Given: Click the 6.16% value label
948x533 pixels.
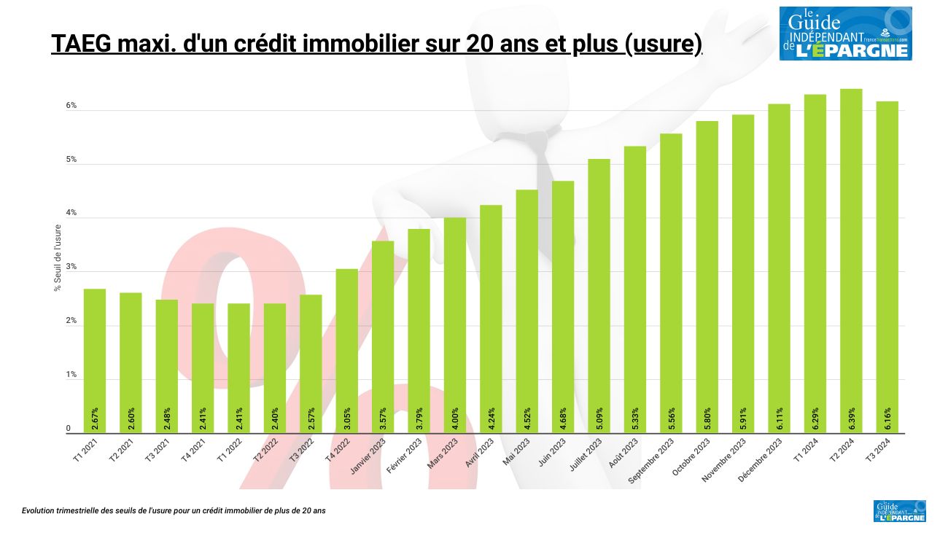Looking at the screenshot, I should tap(887, 419).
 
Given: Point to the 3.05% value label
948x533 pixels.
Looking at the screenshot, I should tap(347, 419).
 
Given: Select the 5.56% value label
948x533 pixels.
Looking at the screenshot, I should tap(671, 419).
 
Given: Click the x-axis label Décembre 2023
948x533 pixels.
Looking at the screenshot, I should tap(761, 459).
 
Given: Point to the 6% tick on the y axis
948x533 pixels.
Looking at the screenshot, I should tap(71, 106).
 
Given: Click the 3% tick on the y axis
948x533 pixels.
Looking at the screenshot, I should tap(71, 268).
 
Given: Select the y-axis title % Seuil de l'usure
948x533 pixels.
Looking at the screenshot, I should tap(58, 257).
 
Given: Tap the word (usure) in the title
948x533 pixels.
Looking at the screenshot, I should tap(663, 44).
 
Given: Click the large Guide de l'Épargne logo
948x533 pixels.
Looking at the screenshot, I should tap(845, 34).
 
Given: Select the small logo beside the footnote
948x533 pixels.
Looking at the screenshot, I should tap(899, 511).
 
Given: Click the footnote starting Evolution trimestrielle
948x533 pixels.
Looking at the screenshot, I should tap(174, 511).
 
